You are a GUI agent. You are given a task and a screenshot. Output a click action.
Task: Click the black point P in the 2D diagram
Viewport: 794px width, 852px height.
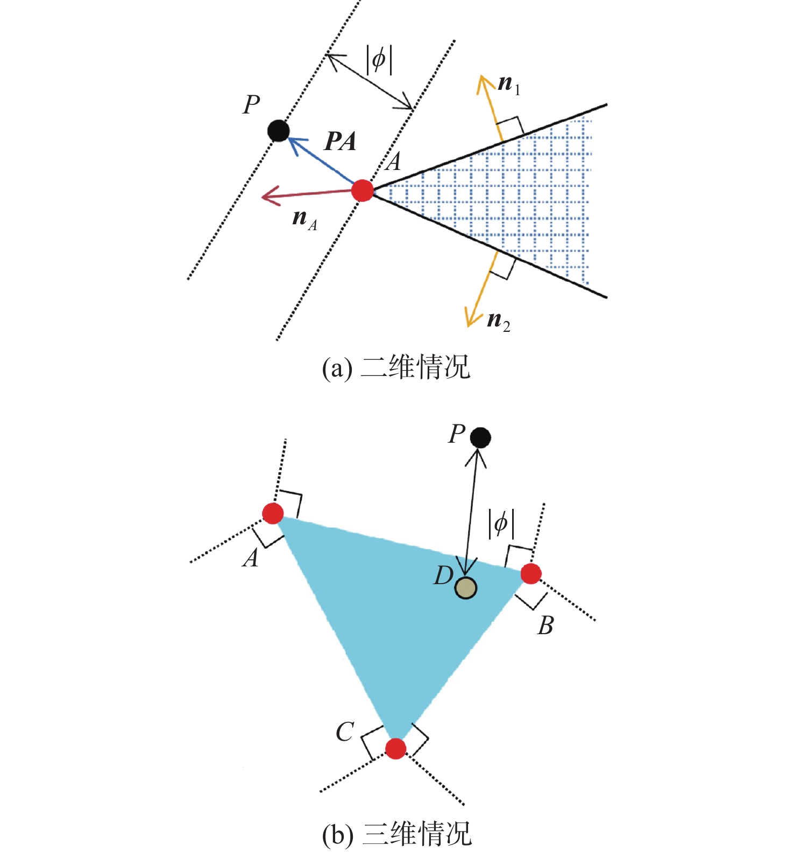pos(279,131)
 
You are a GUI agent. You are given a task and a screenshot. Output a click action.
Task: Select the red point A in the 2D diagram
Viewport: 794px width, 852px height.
pos(363,190)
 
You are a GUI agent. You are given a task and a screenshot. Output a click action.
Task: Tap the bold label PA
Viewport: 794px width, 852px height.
pos(341,141)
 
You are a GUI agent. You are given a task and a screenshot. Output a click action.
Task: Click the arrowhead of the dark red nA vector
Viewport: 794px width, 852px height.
pos(265,196)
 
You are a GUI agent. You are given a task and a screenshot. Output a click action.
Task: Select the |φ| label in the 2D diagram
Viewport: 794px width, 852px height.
pos(379,59)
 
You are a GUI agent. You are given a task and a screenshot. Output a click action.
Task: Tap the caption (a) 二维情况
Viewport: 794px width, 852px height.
pos(396,368)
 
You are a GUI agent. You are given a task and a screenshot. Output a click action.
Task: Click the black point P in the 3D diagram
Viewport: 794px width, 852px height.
pos(480,437)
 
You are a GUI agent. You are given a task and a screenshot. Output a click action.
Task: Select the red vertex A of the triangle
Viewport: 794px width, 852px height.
pos(273,513)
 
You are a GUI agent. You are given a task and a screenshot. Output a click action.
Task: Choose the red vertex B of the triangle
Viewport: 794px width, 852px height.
pos(531,574)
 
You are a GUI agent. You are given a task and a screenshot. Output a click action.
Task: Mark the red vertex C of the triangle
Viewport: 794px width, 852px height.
pos(396,748)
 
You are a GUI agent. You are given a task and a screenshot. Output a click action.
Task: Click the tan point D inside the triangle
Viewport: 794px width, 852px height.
pos(465,588)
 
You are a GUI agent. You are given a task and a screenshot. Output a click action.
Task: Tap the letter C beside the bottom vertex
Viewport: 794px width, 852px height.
pos(345,732)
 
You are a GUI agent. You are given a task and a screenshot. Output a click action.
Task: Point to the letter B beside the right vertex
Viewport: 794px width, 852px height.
pos(545,626)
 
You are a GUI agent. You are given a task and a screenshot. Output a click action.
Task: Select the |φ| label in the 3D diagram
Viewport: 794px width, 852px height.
pos(501,524)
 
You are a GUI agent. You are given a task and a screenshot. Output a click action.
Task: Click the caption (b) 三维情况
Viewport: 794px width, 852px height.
pos(396,834)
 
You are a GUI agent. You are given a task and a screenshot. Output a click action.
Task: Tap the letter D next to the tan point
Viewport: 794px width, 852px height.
pos(444,576)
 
